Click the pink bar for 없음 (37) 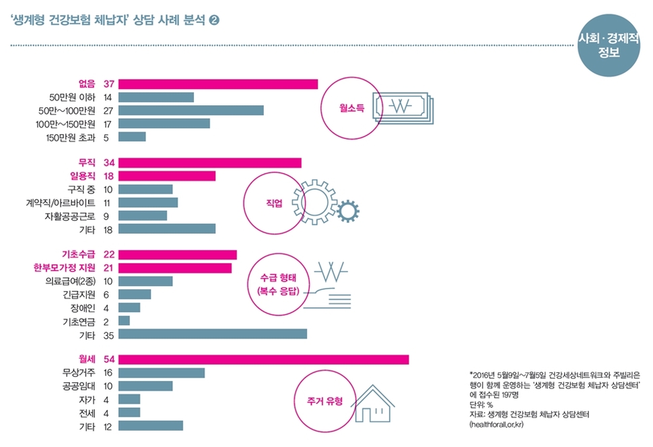[218, 84]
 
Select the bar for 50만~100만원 [191, 110]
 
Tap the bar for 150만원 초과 [132, 137]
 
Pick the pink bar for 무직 [210, 162]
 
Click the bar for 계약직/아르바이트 [148, 202]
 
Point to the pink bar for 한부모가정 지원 [175, 268]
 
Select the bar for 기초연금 [124, 320]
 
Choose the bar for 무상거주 [162, 373]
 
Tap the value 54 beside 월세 [108, 359]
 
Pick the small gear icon [347, 211]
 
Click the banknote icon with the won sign [403, 107]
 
